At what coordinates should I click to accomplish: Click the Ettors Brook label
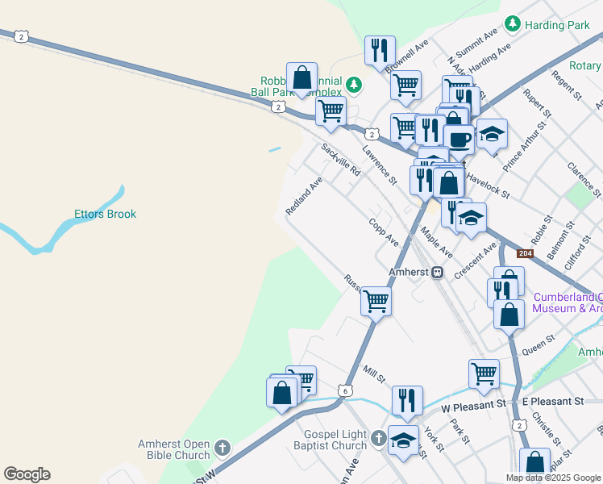(105, 215)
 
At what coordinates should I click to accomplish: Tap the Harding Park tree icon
(511, 25)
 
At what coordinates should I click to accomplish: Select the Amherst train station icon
(438, 272)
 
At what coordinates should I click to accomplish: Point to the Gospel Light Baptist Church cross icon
(380, 440)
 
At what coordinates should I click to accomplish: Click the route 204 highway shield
(525, 254)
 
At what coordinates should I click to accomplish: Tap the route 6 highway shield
(345, 390)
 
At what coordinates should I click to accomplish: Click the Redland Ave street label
(304, 196)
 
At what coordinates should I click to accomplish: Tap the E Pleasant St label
(552, 401)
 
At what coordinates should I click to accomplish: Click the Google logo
(27, 474)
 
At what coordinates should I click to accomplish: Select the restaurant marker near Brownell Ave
(379, 50)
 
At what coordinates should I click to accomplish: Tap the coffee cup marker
(460, 138)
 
